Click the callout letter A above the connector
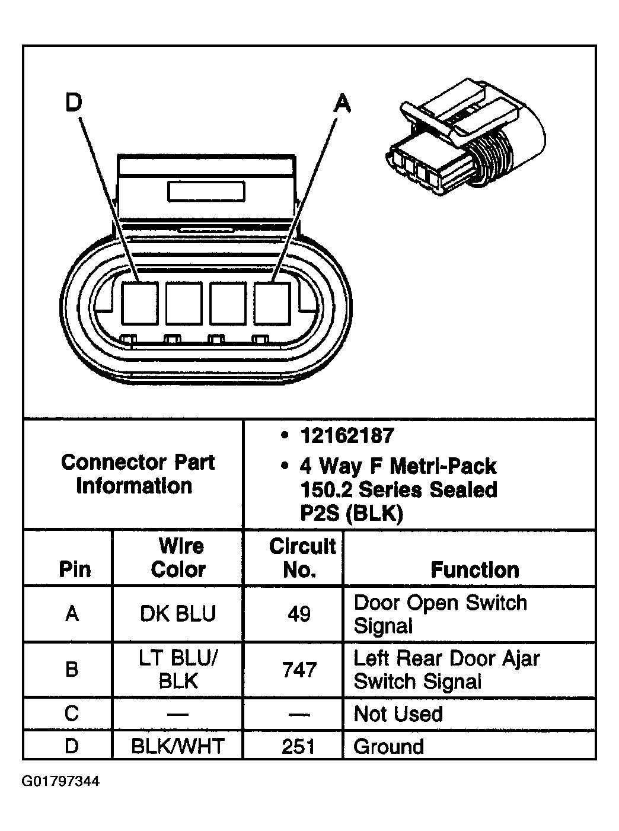coord(343,103)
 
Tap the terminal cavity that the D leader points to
coord(140,304)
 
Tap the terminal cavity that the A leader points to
coord(272,304)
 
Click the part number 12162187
coord(347,436)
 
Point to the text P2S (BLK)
coord(351,512)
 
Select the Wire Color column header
coord(178,558)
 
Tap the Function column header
coord(474,569)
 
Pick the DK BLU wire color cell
coord(178,613)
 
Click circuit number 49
coord(299,613)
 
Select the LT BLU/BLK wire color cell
coord(178,670)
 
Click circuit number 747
coord(299,670)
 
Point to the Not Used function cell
coord(398,714)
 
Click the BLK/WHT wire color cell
coord(178,746)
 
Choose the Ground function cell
coord(388,746)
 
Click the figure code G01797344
coord(61,781)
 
